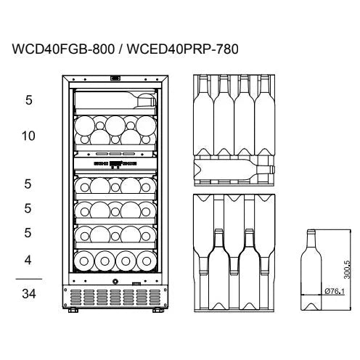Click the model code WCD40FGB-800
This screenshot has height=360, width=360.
click(63, 49)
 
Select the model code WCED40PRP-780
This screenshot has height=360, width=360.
click(183, 49)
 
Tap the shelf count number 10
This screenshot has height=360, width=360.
click(28, 136)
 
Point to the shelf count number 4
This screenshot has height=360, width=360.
click(28, 261)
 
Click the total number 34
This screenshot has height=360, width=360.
click(29, 294)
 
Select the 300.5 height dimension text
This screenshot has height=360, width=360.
click(347, 269)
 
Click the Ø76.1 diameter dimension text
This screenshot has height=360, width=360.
click(335, 291)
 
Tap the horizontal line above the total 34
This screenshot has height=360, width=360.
click(29, 279)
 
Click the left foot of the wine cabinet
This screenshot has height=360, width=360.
click(73, 310)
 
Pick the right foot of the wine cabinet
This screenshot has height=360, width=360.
click(158, 310)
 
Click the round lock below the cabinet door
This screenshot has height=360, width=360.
click(115, 282)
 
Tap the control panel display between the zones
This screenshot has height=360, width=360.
click(115, 164)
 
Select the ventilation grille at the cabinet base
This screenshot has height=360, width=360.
click(115, 297)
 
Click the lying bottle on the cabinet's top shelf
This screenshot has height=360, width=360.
click(115, 99)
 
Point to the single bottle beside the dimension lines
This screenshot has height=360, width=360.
click(311, 269)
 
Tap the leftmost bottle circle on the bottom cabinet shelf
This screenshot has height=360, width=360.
click(84, 261)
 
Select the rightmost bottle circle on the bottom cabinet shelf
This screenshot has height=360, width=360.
click(146, 261)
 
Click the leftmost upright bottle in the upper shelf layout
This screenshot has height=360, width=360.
click(203, 115)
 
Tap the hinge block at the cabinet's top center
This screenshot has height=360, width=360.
click(115, 78)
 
